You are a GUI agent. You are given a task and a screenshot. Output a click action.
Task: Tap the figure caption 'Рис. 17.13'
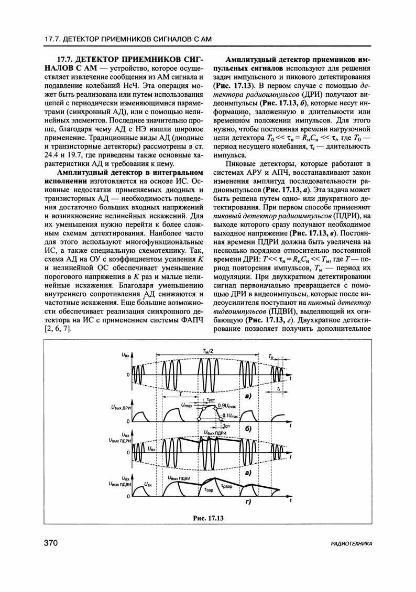point(208,518)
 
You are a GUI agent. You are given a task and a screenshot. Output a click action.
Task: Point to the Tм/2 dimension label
point(207,351)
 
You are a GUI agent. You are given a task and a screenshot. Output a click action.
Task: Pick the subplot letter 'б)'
point(249,429)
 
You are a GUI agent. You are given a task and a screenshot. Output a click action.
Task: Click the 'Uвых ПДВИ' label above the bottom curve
point(179,477)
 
